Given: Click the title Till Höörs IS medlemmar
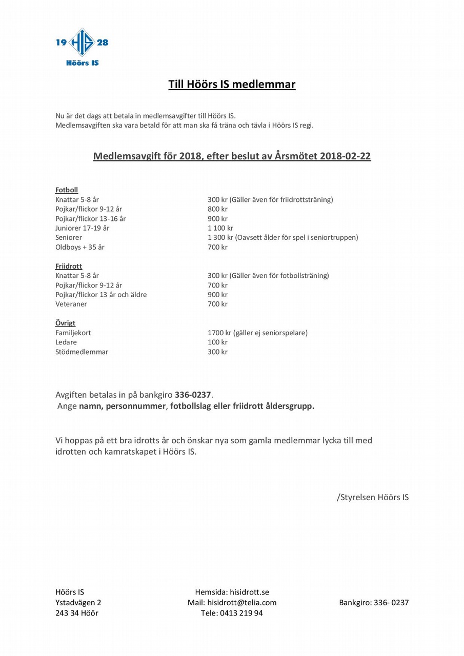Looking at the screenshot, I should pos(232,84).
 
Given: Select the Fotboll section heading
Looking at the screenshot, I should pos(67,190).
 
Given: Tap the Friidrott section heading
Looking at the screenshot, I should pos(69,266).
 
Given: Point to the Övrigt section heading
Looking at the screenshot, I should pos(65,323).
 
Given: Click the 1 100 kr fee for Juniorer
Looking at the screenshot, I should pos(220,228).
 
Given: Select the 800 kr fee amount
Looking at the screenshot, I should pos(217,209).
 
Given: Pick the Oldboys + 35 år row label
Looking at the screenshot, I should pos(80,247).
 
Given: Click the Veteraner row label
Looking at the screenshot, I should pos(71,304).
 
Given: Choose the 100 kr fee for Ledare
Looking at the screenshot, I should pos(217,342).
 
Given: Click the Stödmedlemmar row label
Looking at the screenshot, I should pos(82,352).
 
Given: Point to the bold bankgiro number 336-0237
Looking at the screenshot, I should pos(193,395).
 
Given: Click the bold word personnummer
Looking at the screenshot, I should pos(136,406).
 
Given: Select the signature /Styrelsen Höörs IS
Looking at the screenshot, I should pos(373,497).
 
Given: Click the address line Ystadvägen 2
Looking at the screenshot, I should pos(78,603).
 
